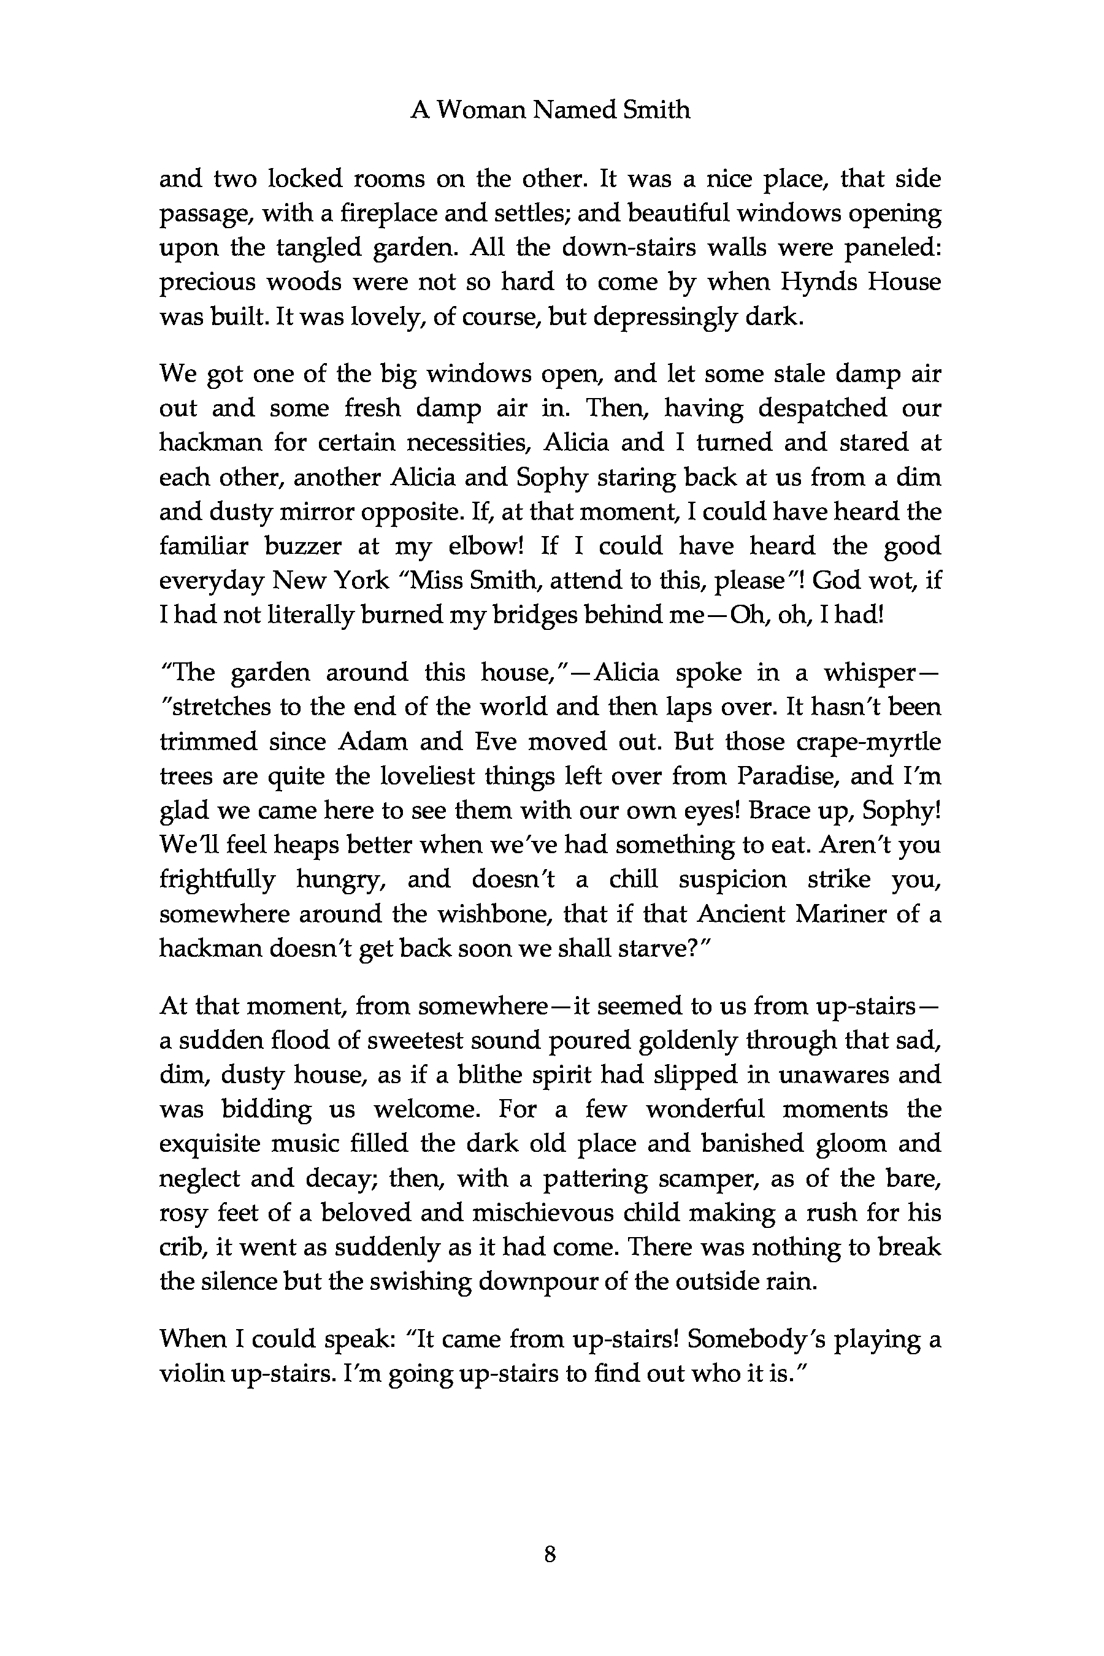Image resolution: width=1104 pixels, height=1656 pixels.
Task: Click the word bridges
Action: coord(496,615)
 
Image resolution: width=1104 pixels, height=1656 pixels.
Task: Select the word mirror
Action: coord(319,512)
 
